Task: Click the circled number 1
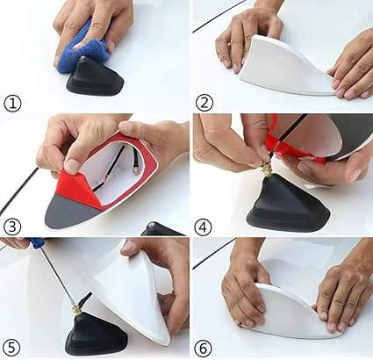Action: pos(12,104)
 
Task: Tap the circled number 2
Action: pos(204,102)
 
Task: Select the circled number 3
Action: pos(12,227)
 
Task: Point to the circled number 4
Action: pos(203,227)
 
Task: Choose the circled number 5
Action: pos(11,349)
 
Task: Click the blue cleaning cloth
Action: pos(83,50)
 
